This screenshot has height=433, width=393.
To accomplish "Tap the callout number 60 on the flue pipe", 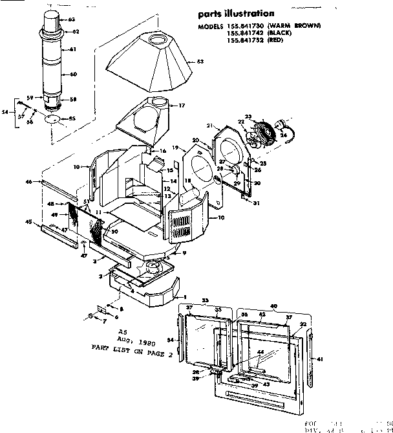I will click(73, 74).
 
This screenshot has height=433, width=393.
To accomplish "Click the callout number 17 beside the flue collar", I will click(182, 105).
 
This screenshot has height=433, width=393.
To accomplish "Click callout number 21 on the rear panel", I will click(209, 125).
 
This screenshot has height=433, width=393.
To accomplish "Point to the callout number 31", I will click(257, 203).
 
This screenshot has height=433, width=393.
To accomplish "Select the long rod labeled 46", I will click(58, 190).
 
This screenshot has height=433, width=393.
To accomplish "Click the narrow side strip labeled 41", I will click(315, 350).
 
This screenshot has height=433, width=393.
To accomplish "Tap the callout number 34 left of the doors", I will click(171, 339).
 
